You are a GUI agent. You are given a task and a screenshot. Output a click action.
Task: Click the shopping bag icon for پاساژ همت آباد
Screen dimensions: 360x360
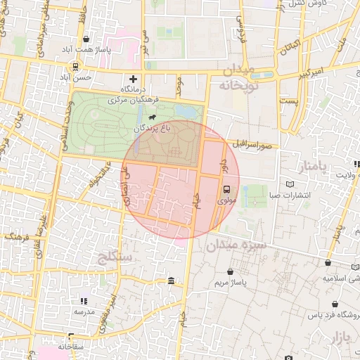pyautogui.click(x=86, y=39)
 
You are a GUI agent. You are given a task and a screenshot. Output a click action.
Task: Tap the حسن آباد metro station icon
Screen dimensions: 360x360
pyautogui.click(x=75, y=67)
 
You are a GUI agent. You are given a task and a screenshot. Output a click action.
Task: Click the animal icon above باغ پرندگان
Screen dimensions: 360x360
pyautogui.click(x=152, y=117)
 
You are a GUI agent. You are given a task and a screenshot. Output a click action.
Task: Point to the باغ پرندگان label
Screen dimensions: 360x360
pyautogui.click(x=153, y=129)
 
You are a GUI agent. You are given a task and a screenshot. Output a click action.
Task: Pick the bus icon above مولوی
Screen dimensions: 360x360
pyautogui.click(x=226, y=189)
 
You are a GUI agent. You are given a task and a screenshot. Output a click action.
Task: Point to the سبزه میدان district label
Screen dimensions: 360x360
pyautogui.click(x=236, y=246)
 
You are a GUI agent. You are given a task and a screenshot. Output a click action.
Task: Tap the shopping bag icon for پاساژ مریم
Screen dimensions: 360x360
pyautogui.click(x=231, y=271)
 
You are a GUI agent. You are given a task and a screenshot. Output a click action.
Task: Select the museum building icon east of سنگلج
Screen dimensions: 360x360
pyautogui.click(x=172, y=282)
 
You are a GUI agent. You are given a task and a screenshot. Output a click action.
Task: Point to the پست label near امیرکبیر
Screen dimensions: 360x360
pyautogui.click(x=289, y=102)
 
